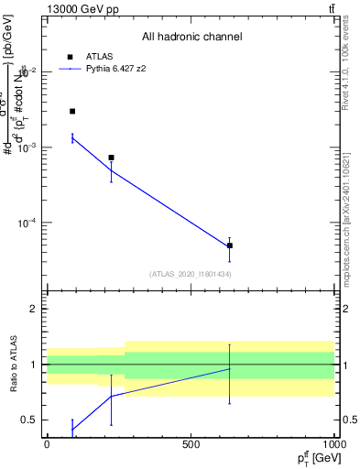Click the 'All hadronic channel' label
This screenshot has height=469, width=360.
191,37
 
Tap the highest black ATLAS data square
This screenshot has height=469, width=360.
72,111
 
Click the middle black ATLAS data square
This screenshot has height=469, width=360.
111,158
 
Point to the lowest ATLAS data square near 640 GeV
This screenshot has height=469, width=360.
230,245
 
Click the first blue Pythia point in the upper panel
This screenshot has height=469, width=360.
72,138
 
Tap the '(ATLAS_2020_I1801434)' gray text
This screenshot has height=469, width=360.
191,274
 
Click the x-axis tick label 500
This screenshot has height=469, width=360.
191,443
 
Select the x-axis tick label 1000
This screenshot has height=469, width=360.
333,443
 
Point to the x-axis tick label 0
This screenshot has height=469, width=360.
47,443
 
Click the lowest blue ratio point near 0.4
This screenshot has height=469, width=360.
72,429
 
